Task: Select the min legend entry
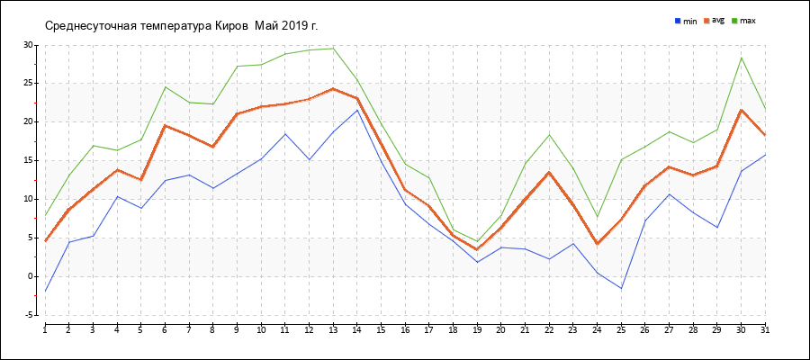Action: tap(686, 20)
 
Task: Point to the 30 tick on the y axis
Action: tap(28, 44)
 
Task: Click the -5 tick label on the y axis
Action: tap(30, 315)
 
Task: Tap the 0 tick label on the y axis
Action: tap(30, 276)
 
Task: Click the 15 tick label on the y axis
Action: tap(28, 160)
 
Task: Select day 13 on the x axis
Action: tap(333, 330)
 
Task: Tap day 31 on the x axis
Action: tap(765, 330)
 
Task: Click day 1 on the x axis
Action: tap(45, 330)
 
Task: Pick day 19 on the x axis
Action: tap(477, 330)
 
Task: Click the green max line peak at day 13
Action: tap(333, 49)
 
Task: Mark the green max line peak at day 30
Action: tap(741, 58)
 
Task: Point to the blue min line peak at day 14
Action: tap(357, 110)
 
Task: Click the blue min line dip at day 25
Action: tap(621, 288)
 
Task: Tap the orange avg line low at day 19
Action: tap(477, 249)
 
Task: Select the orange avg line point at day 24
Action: tap(597, 244)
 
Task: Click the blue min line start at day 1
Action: tap(45, 292)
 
